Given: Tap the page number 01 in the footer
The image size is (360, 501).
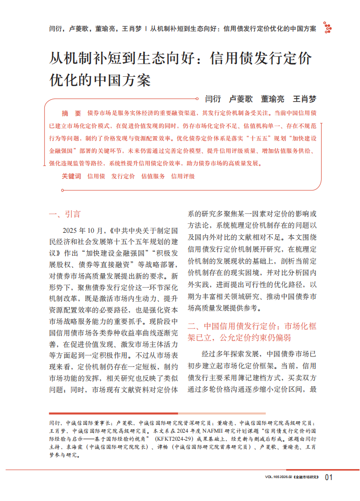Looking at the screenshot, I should [x=328, y=478].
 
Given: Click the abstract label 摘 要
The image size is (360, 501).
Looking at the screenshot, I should [x=70, y=113].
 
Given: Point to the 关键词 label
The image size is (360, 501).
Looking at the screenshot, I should [x=71, y=176].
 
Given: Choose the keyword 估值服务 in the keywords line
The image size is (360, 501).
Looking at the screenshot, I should [x=153, y=176].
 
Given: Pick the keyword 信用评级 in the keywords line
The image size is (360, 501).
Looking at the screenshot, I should [x=183, y=176].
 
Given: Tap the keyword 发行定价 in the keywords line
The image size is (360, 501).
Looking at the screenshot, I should [x=123, y=176].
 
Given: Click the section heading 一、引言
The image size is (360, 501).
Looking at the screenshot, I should [x=65, y=214].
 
